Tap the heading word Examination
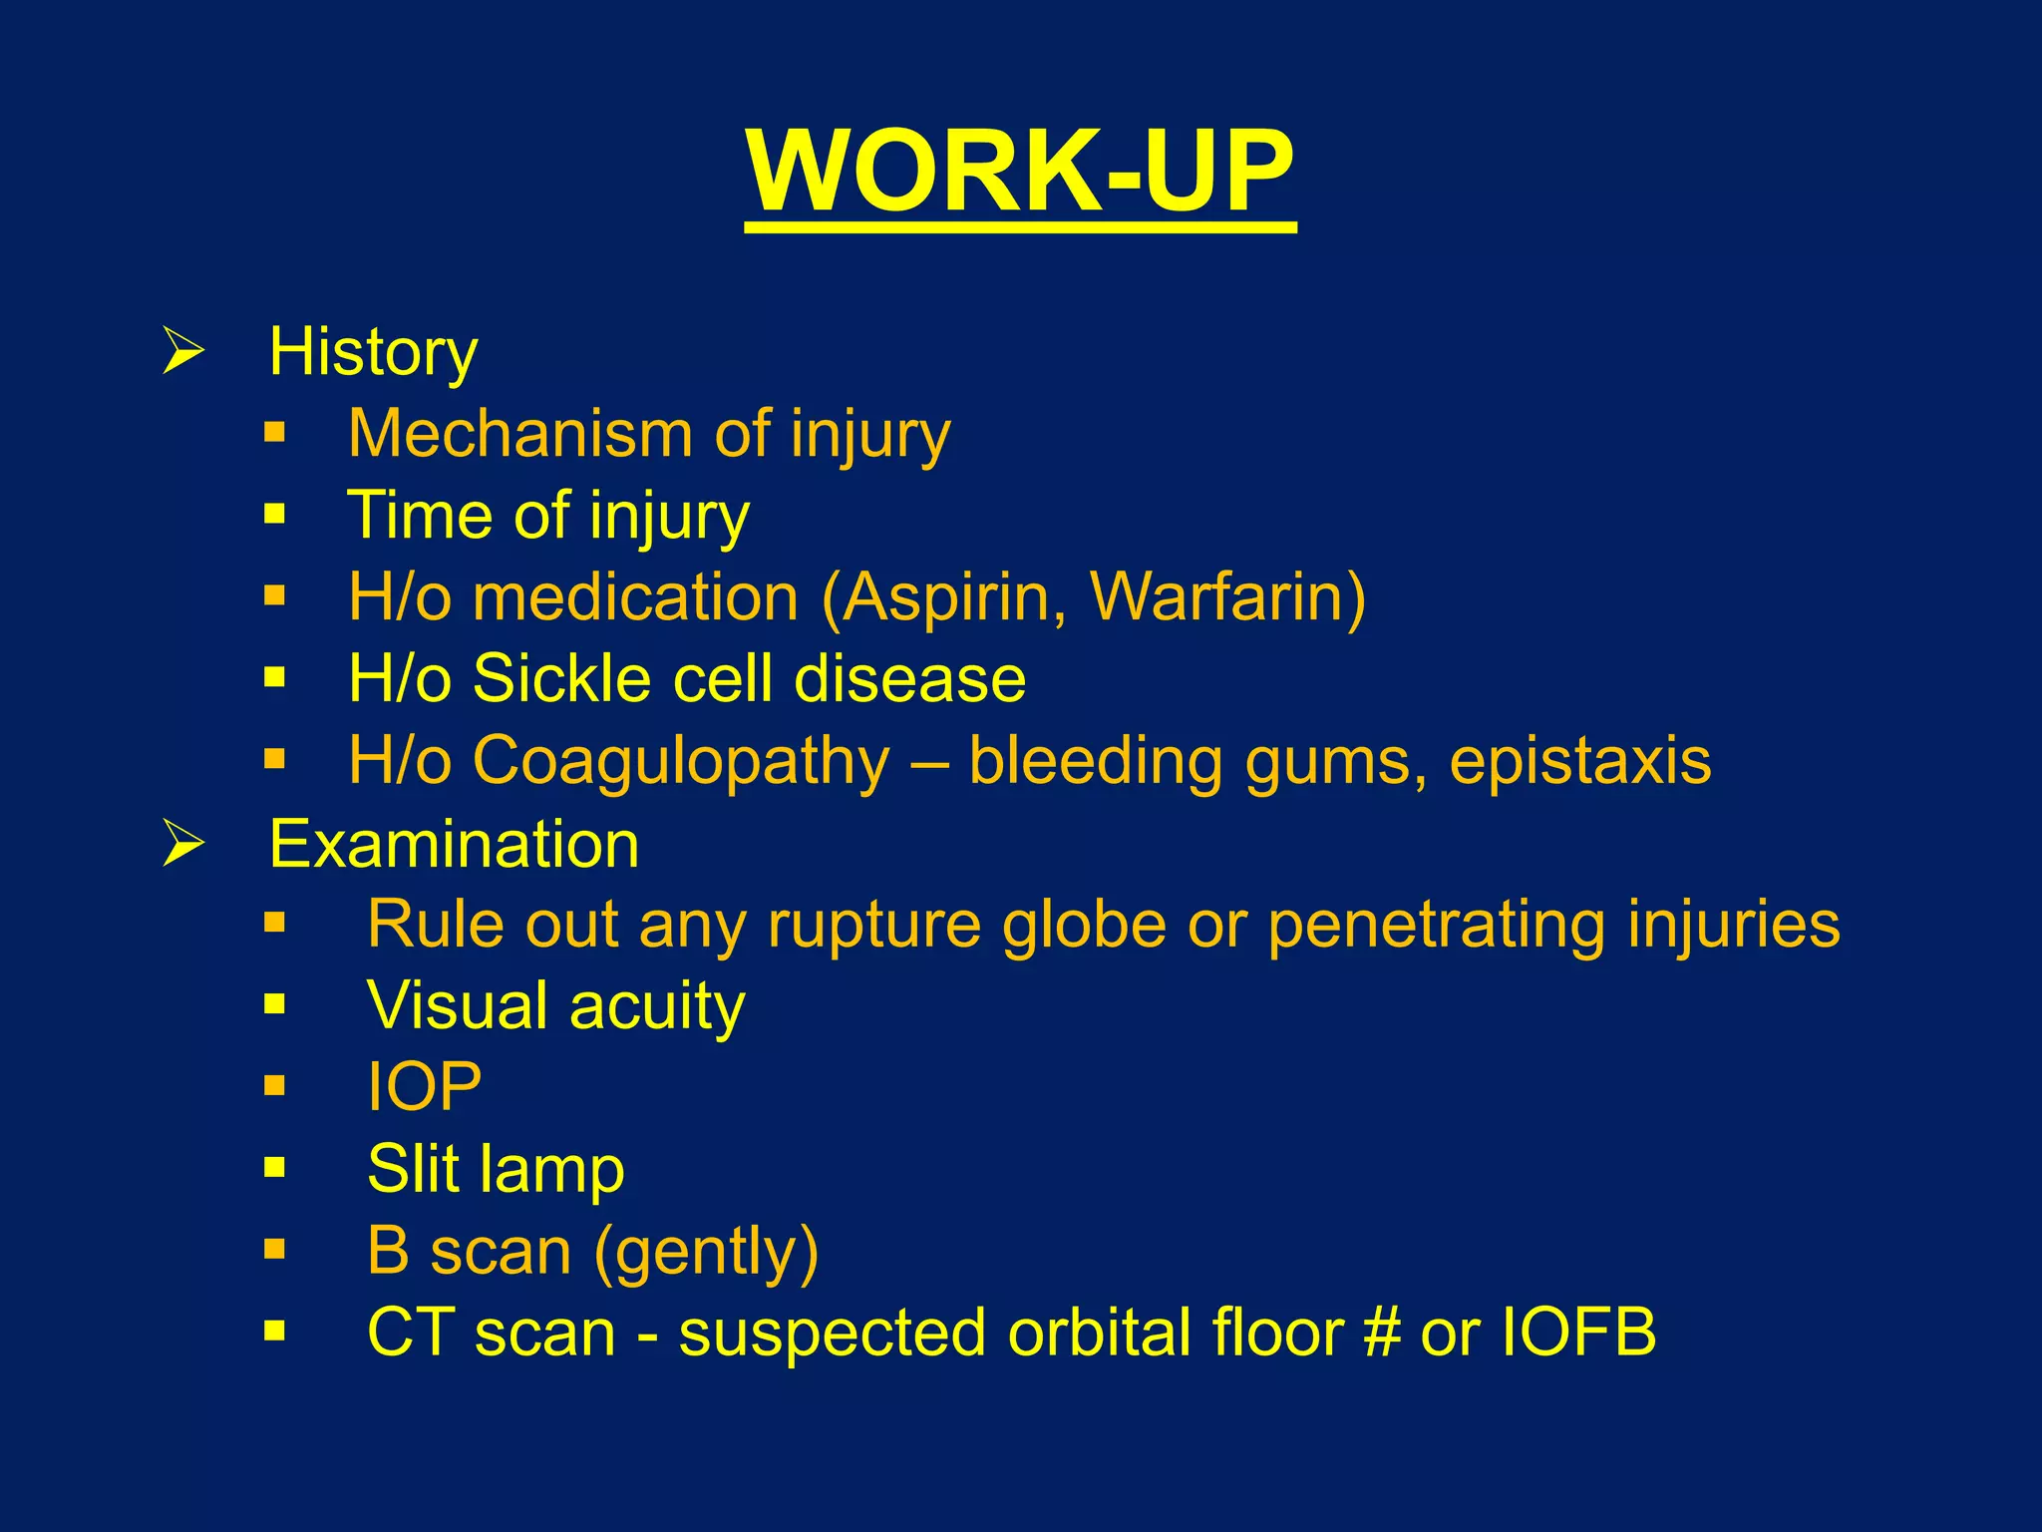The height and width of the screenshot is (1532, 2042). (x=454, y=844)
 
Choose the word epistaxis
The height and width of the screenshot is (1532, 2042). (x=1579, y=761)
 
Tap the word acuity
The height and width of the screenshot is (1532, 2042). (x=657, y=1006)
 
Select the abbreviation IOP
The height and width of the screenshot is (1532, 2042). (x=424, y=1086)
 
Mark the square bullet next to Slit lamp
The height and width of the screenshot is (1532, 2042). (x=275, y=1167)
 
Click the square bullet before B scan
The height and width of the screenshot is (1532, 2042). (x=275, y=1249)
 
